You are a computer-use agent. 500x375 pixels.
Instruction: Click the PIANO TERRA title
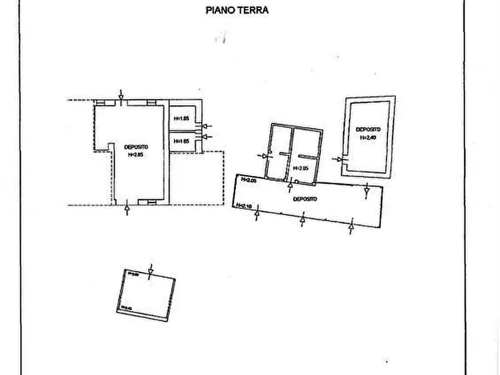click(237, 10)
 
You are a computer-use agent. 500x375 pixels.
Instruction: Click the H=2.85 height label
click(136, 154)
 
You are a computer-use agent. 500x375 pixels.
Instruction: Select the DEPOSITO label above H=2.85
click(136, 147)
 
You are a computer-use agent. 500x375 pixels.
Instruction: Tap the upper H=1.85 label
click(181, 119)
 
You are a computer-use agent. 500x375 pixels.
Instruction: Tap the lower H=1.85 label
click(181, 142)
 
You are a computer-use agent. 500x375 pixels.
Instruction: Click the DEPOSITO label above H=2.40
click(368, 129)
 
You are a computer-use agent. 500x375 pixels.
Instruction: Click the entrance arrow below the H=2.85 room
click(127, 209)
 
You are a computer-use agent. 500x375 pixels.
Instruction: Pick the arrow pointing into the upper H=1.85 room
click(207, 126)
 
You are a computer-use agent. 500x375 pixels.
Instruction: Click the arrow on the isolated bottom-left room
click(150, 270)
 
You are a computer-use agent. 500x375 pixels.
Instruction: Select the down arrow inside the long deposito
click(366, 192)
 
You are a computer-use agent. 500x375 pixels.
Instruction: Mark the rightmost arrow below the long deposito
click(352, 226)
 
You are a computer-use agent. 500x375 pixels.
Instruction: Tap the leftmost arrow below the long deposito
click(256, 215)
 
